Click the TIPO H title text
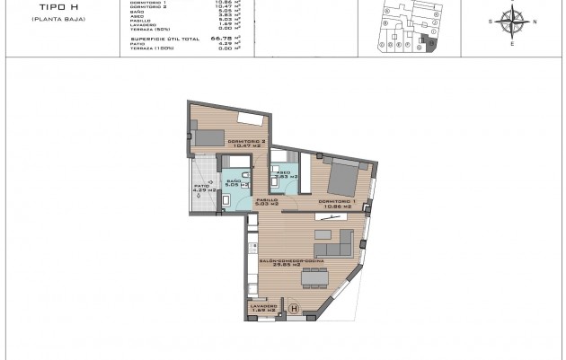40,8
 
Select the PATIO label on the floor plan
199,186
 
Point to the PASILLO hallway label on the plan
266,202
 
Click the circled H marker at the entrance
293,309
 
